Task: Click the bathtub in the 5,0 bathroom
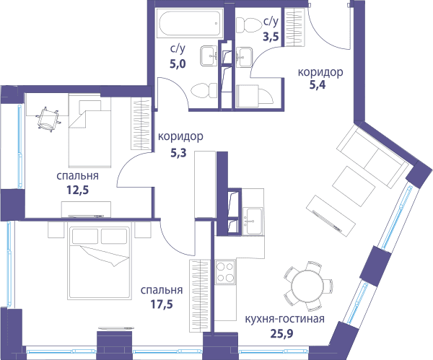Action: click(190, 23)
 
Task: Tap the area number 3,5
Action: click(271, 37)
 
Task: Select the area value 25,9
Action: click(281, 334)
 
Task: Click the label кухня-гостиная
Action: click(285, 319)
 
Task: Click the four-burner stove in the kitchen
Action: click(225, 272)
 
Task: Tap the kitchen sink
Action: click(253, 221)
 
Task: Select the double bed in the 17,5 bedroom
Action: click(100, 263)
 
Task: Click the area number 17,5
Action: click(162, 304)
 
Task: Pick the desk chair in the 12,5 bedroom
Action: click(48, 120)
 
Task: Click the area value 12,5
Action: click(78, 190)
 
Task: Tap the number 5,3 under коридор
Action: click(178, 153)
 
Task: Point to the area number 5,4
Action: click(318, 84)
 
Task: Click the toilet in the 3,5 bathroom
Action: click(249, 25)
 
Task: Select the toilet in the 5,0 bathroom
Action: click(204, 90)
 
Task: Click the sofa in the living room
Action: click(372, 156)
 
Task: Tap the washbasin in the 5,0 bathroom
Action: click(208, 56)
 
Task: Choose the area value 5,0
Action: click(178, 64)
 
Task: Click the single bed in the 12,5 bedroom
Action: click(89, 131)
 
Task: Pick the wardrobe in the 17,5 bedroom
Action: click(199, 296)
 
